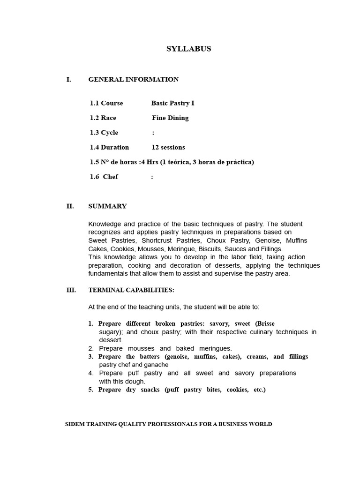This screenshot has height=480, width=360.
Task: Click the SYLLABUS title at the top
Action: click(x=189, y=49)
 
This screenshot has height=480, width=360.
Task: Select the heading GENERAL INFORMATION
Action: click(x=134, y=80)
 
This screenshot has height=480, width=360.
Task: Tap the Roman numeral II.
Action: click(x=70, y=206)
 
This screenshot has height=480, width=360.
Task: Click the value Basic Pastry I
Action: click(x=172, y=103)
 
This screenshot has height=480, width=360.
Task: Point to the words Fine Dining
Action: click(x=170, y=118)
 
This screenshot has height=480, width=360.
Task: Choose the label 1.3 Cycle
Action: click(x=104, y=133)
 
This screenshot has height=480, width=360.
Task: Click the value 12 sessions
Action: click(x=168, y=147)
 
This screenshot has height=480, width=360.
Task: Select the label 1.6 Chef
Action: click(x=104, y=177)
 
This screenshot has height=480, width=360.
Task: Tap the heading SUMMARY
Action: click(x=107, y=206)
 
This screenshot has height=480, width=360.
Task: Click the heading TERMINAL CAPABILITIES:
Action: click(x=131, y=290)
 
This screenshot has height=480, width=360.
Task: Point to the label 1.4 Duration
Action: click(x=109, y=147)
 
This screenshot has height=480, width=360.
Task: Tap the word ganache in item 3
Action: click(x=156, y=365)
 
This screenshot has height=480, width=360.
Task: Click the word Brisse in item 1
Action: click(x=265, y=324)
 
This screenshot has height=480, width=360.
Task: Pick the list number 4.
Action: click(x=91, y=373)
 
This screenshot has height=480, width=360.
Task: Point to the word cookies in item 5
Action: click(x=238, y=390)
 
